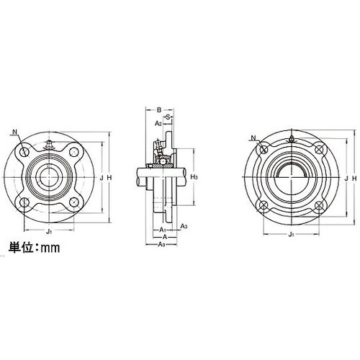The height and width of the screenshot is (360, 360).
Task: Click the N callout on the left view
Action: click(x=15, y=132)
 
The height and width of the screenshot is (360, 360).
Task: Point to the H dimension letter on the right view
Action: click(x=353, y=178)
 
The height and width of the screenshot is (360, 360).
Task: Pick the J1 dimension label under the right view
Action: click(x=291, y=234)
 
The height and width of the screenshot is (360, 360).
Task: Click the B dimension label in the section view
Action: click(x=158, y=109)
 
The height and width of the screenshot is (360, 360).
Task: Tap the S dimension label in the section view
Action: click(x=167, y=117)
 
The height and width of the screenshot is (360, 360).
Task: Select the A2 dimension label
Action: click(x=158, y=124)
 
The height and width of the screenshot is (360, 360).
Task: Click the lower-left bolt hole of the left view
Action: click(x=25, y=202)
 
